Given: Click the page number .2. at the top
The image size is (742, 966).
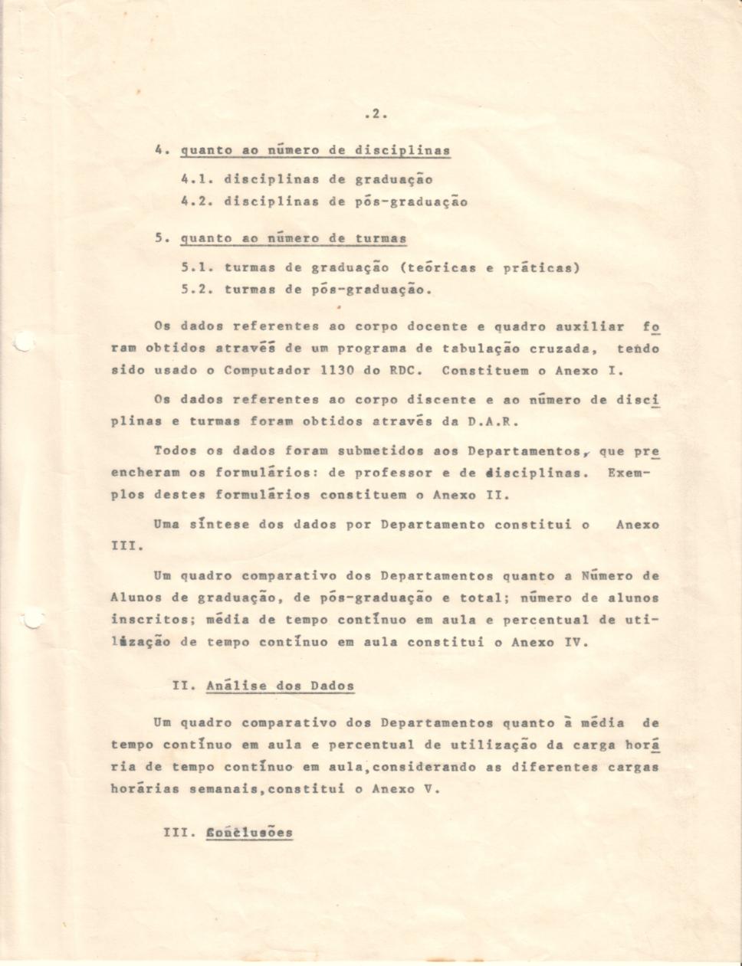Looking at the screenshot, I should pos(376,115).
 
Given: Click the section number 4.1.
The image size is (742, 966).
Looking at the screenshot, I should pos(196,180).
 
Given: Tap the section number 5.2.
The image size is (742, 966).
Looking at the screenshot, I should pos(196,290).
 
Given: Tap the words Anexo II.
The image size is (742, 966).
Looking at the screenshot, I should pos(465,495).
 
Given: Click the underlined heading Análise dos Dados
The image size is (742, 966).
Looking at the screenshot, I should pos(280,686).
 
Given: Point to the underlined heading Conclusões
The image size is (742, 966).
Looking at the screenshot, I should pos(249,833).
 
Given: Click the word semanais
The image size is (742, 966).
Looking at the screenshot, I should pos(220,789).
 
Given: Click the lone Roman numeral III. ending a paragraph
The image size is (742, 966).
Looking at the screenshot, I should pos(123,547).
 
